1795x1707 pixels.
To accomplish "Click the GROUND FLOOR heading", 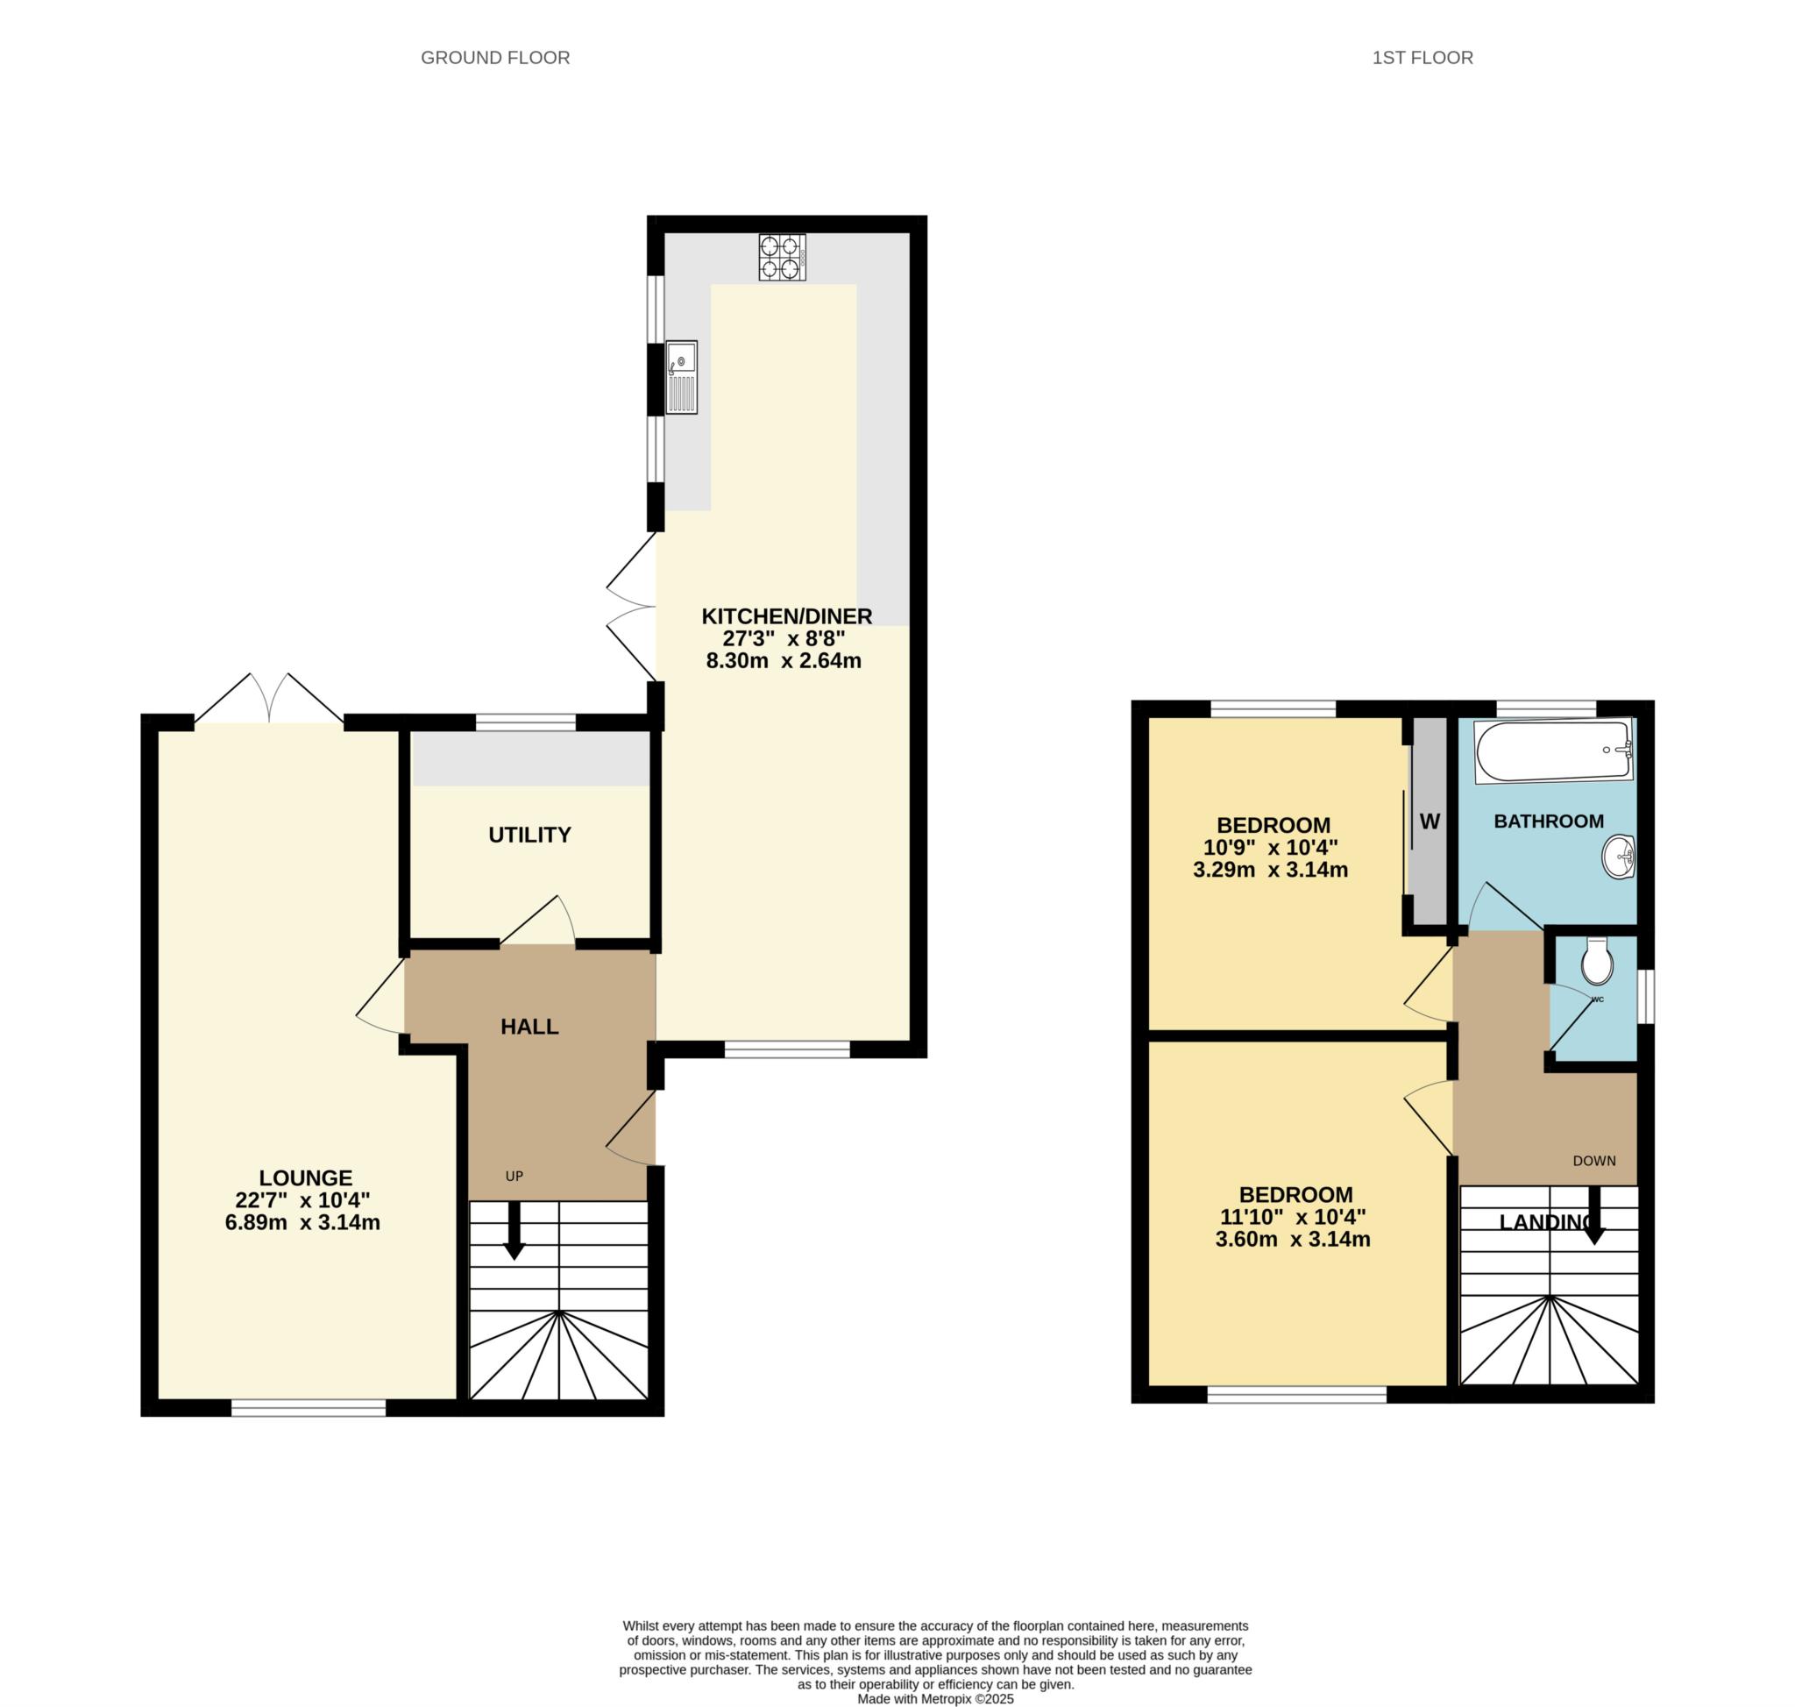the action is click(495, 57).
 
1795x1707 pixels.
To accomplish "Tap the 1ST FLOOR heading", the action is click(1422, 57).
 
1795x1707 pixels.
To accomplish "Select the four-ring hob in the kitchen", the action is click(783, 257).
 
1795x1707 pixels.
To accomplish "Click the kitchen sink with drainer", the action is click(681, 377).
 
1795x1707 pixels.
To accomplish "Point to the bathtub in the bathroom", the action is click(1554, 751).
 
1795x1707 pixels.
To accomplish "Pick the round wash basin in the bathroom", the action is click(1619, 857).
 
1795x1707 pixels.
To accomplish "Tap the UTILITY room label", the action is click(529, 835).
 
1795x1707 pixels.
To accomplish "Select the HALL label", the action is click(529, 1027).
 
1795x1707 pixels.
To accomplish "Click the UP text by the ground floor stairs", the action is click(514, 1176).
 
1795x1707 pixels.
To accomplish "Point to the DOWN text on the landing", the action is click(1595, 1160).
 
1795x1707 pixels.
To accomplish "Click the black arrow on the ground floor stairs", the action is click(514, 1230).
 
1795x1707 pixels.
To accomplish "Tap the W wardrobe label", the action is click(1430, 821).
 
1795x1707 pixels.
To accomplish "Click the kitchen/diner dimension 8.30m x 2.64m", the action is click(784, 660).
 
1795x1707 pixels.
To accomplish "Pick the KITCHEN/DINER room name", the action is click(787, 616).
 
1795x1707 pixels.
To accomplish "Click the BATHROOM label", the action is click(1549, 821).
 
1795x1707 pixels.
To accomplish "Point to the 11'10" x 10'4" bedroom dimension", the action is click(1293, 1217).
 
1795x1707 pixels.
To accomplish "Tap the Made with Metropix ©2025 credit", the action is click(935, 1698).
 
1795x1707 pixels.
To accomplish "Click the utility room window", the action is click(526, 722).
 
